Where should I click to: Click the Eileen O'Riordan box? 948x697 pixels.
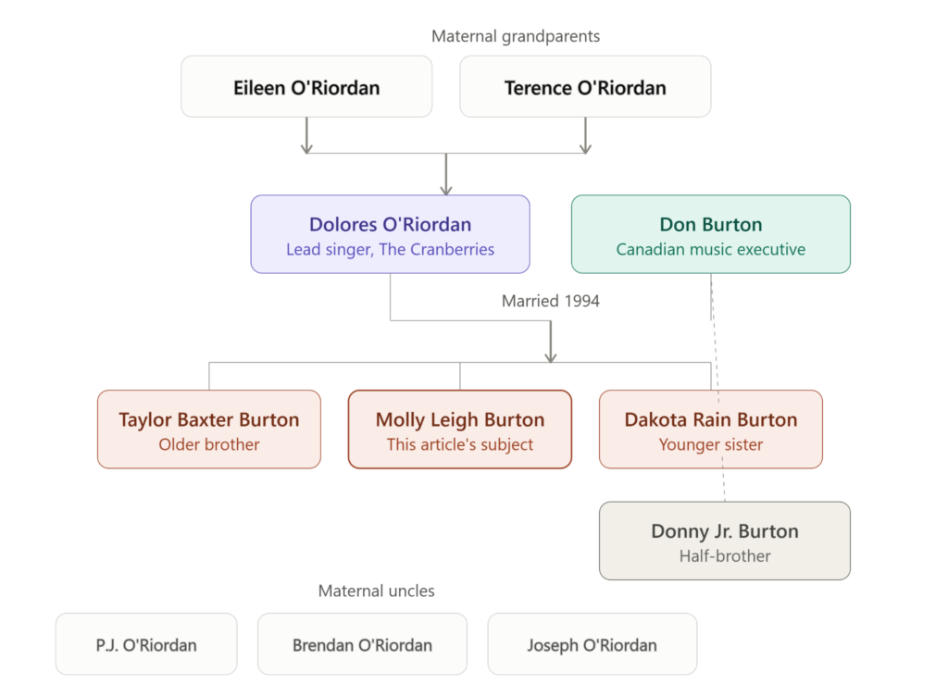[x=306, y=86]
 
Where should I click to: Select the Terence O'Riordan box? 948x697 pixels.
[x=585, y=86]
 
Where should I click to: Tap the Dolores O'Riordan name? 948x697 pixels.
[x=390, y=224]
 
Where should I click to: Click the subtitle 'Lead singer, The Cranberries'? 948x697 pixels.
[x=390, y=250]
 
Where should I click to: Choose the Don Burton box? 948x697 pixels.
[x=711, y=234]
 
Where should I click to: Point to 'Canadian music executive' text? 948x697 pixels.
[x=711, y=250]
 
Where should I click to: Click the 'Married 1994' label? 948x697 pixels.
[x=551, y=301]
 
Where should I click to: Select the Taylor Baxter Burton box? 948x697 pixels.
[x=209, y=429]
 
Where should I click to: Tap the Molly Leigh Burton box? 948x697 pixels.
[x=460, y=429]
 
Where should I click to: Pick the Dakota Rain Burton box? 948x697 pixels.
[x=711, y=429]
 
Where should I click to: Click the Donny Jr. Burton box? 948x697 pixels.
[x=725, y=541]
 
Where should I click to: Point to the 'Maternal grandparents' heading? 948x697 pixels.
[x=516, y=36]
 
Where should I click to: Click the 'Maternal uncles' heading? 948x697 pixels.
[x=377, y=591]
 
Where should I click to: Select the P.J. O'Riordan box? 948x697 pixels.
[x=146, y=644]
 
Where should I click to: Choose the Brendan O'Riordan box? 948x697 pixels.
[x=362, y=644]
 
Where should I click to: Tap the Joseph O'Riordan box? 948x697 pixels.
[x=592, y=644]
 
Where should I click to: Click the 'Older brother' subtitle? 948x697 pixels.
[x=209, y=444]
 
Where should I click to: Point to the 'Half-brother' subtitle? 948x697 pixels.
[x=725, y=556]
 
